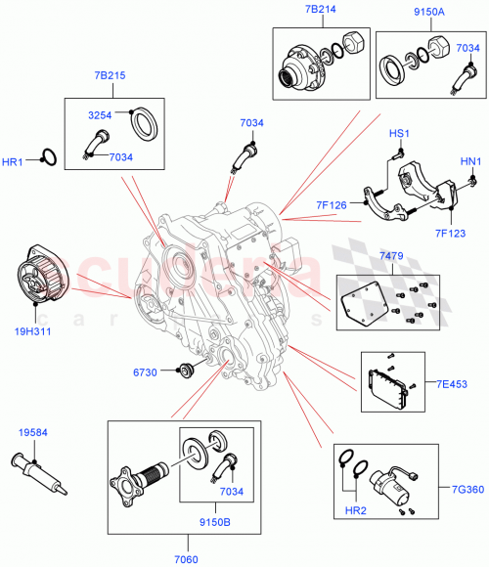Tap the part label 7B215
[x=110, y=75]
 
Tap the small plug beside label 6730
[x=182, y=371]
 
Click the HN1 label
[x=470, y=160]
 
